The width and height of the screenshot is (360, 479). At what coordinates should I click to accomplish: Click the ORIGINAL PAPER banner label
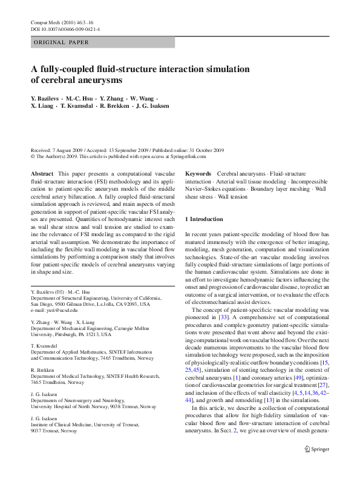tap(61, 43)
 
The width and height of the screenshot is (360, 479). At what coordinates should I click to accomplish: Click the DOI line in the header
tap(65, 29)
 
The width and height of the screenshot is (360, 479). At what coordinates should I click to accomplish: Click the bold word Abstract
tap(42, 174)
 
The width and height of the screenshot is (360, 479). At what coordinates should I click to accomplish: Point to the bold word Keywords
tap(198, 174)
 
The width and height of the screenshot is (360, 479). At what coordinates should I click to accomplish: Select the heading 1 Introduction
tap(204, 219)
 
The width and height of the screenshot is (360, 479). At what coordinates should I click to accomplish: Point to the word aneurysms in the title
tap(97, 80)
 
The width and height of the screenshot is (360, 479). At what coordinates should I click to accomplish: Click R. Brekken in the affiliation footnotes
tap(44, 369)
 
